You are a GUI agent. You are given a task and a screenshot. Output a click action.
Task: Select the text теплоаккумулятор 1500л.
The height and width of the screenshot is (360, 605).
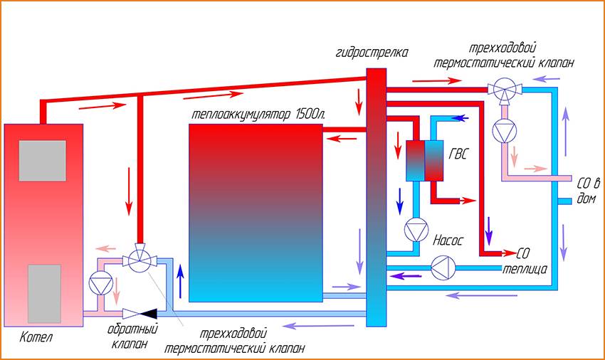253,114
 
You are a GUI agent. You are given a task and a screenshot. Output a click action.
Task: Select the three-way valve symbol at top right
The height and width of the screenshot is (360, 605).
504,90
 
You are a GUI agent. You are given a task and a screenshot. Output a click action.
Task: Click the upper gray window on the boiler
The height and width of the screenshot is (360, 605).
42,160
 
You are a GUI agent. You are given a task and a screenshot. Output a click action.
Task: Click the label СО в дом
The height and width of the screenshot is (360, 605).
585,186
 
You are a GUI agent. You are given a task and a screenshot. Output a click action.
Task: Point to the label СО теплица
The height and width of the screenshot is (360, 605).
523,261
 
